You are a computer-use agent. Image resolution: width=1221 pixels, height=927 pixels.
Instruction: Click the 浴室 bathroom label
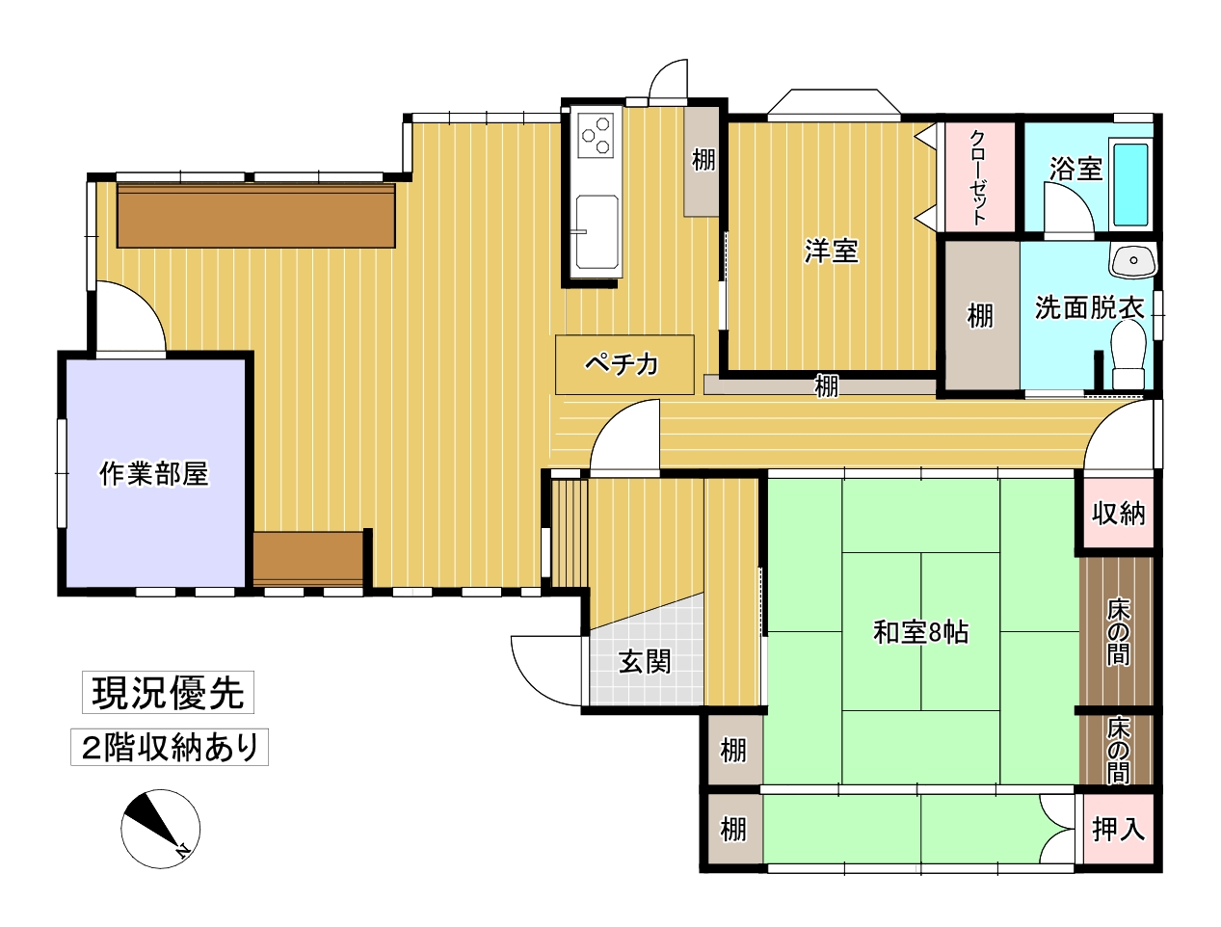(x=1075, y=169)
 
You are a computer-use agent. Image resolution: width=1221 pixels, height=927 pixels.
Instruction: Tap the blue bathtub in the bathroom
(x=1130, y=185)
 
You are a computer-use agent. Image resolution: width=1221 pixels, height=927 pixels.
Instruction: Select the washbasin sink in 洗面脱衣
(x=1133, y=260)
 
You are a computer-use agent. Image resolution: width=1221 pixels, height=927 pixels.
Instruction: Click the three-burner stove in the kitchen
(x=596, y=135)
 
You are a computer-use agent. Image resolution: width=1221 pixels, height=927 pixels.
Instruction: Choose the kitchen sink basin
(x=597, y=232)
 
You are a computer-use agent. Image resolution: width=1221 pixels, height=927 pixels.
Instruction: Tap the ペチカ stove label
(x=622, y=365)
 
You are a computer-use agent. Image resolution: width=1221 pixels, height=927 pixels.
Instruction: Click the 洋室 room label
(x=832, y=251)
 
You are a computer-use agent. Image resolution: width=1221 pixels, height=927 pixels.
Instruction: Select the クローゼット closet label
(x=978, y=177)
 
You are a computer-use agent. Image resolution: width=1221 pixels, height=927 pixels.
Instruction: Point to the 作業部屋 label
(x=153, y=474)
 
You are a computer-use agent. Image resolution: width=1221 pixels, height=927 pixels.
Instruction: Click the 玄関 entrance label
(x=645, y=662)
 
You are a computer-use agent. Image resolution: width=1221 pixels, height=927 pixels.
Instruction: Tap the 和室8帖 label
(x=920, y=632)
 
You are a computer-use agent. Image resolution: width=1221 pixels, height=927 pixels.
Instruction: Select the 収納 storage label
(x=1118, y=513)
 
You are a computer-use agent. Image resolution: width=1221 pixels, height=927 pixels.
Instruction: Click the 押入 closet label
(x=1118, y=829)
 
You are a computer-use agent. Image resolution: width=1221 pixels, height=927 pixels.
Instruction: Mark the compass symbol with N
(x=160, y=829)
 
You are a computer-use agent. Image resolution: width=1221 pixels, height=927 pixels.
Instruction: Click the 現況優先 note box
(x=168, y=692)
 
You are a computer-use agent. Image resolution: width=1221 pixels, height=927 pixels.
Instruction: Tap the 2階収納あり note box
(x=170, y=747)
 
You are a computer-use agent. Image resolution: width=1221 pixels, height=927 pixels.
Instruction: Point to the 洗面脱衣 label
(x=1089, y=307)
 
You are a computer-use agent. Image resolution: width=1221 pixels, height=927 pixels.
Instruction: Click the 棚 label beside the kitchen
(x=703, y=161)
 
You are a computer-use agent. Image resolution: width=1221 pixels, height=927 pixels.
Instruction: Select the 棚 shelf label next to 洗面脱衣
(x=979, y=316)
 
